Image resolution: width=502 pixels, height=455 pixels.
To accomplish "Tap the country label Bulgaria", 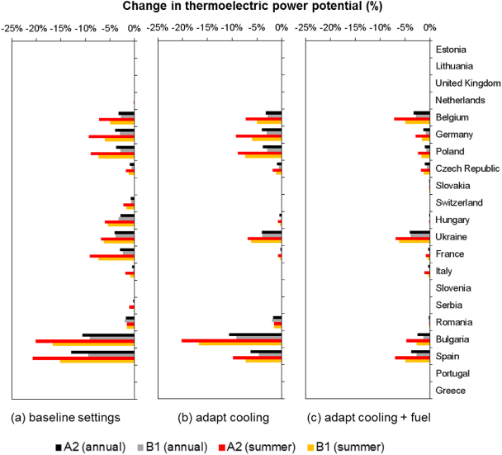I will (452, 339).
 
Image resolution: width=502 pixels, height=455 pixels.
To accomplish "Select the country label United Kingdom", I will (467, 83).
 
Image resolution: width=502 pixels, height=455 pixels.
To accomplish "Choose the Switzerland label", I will (458, 202).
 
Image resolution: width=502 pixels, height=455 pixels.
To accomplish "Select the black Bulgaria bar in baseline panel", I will (108, 334).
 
